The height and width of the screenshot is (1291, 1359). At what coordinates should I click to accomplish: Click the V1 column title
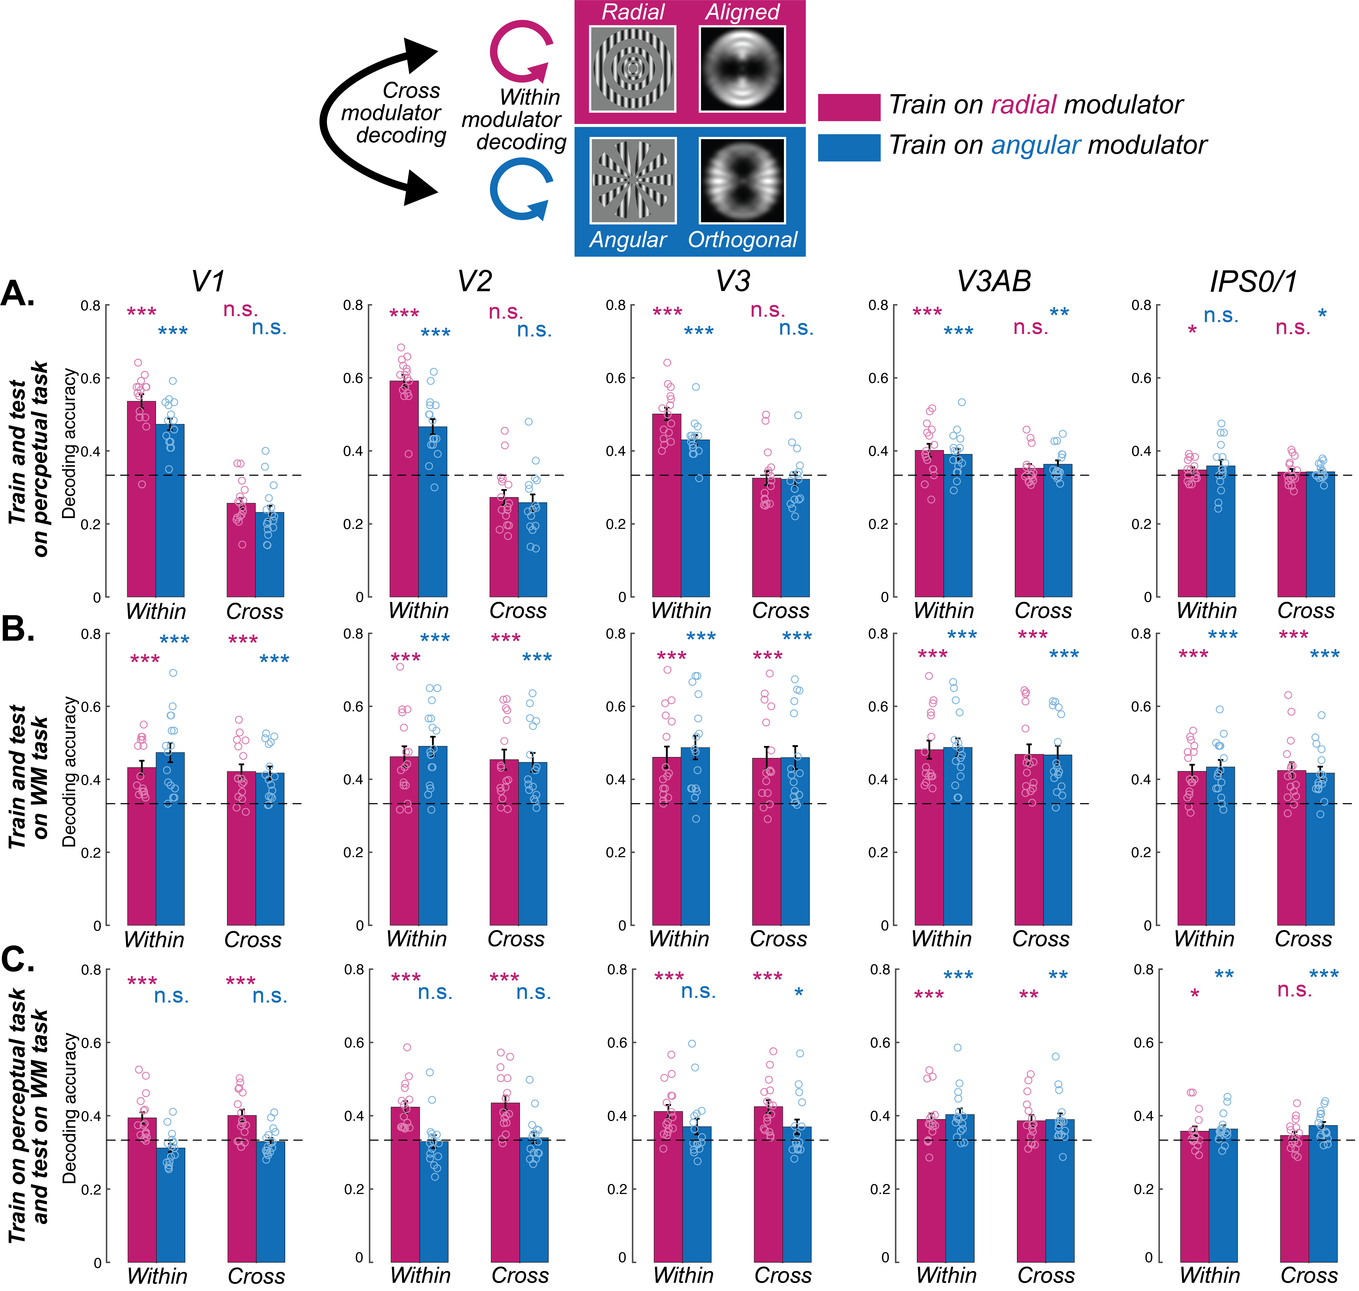click(208, 281)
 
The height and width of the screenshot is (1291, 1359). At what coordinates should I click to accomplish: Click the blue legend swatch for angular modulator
click(848, 147)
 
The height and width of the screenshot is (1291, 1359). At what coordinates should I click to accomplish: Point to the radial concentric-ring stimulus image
click(632, 69)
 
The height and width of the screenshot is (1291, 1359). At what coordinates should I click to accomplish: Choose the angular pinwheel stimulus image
click(632, 180)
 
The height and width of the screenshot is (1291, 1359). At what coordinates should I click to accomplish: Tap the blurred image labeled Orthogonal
click(742, 180)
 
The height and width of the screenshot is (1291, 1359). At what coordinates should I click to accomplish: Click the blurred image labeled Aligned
click(742, 69)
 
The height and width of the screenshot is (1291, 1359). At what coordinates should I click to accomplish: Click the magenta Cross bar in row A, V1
click(241, 550)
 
